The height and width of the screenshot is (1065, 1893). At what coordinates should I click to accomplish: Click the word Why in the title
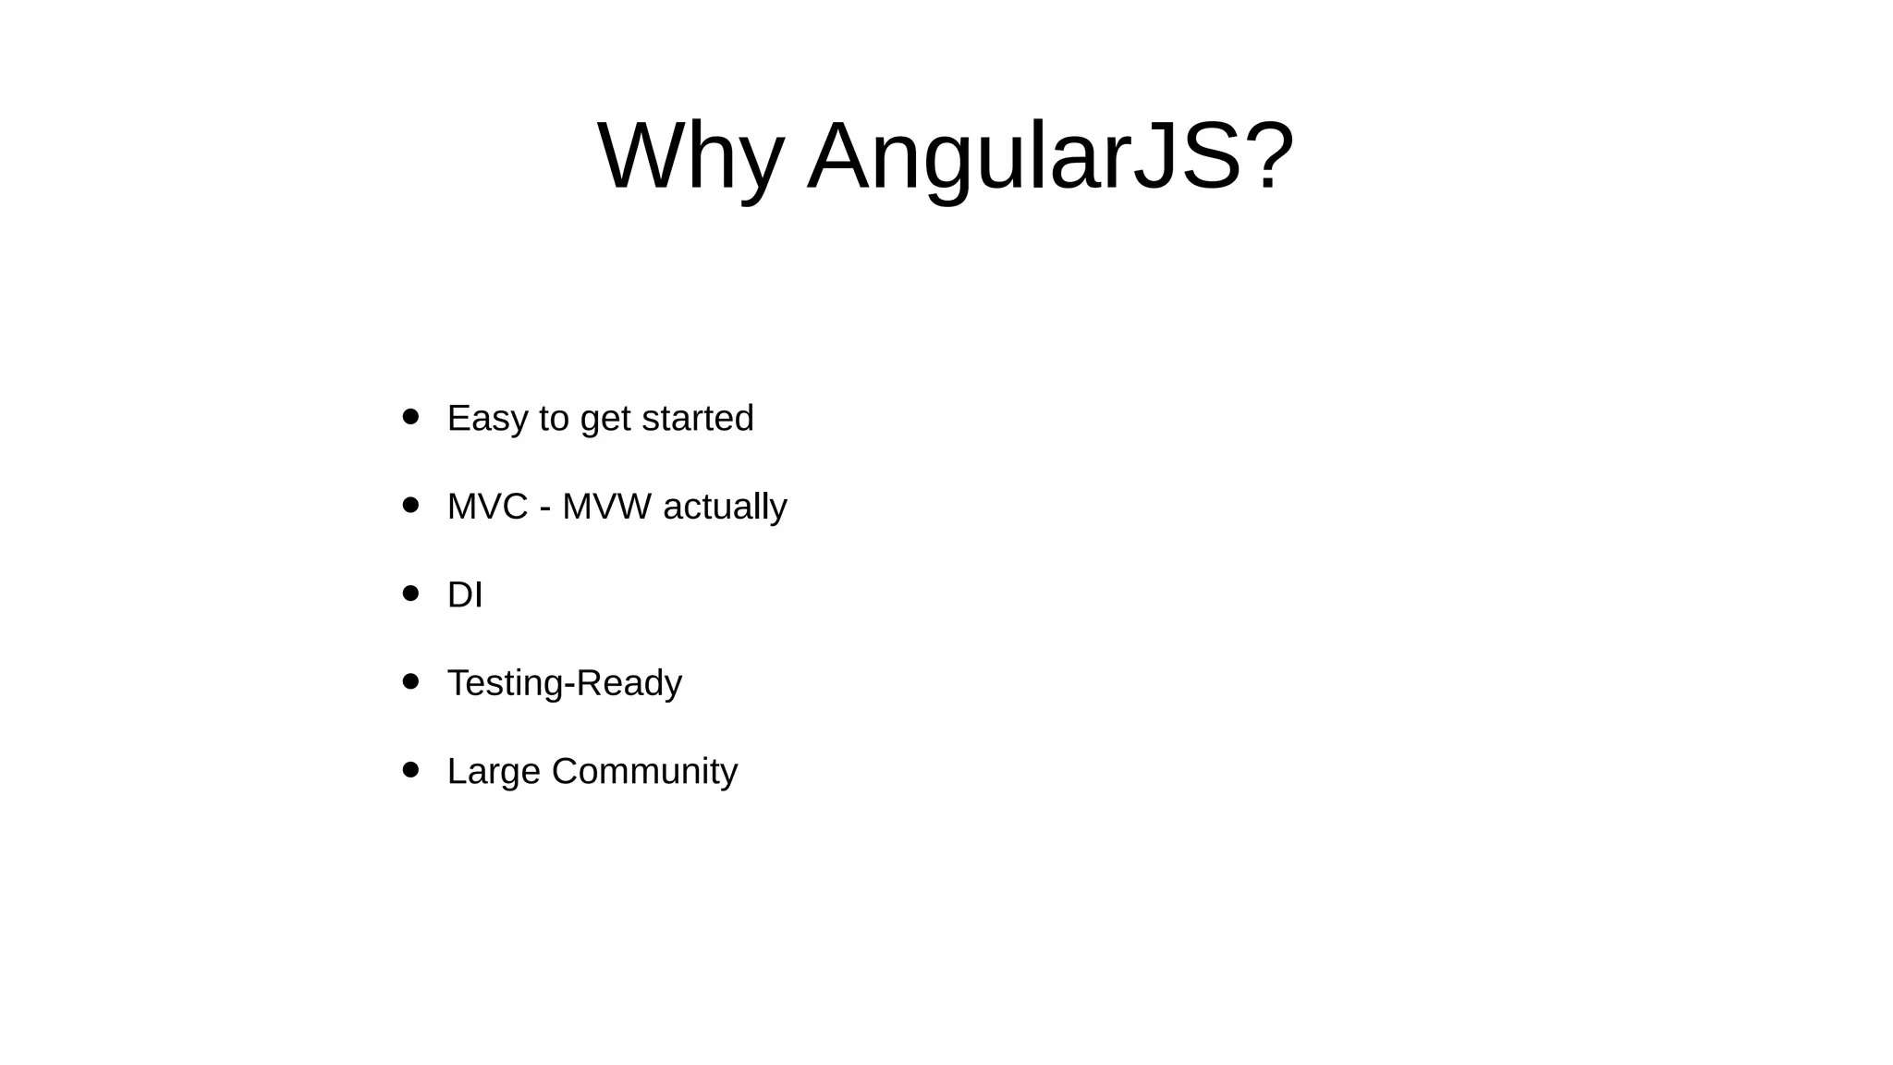tap(690, 157)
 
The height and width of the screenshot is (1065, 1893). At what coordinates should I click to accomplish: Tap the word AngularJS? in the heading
tap(1050, 157)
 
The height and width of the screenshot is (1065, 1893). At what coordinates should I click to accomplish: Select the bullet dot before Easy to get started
tap(411, 417)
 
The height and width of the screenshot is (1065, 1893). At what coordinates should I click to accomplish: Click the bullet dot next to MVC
tap(411, 506)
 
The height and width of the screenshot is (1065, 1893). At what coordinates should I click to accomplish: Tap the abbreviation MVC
tap(487, 507)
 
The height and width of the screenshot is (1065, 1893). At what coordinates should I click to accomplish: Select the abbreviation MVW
tap(605, 507)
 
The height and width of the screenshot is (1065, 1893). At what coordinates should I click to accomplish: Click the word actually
tap(725, 508)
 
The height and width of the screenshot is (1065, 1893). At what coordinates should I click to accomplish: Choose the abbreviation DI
tap(465, 594)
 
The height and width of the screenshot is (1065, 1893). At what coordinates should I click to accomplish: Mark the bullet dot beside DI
tap(411, 594)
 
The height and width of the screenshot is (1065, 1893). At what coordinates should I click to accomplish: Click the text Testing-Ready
tap(564, 683)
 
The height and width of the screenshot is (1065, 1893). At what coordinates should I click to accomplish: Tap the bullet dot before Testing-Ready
tap(411, 682)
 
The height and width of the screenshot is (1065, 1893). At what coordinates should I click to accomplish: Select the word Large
tap(493, 772)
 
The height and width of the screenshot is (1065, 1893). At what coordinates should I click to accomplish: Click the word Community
tap(644, 772)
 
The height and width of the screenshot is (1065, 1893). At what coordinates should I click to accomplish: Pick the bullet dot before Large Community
tap(411, 770)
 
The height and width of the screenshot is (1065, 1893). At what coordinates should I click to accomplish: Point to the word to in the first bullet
tap(554, 419)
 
